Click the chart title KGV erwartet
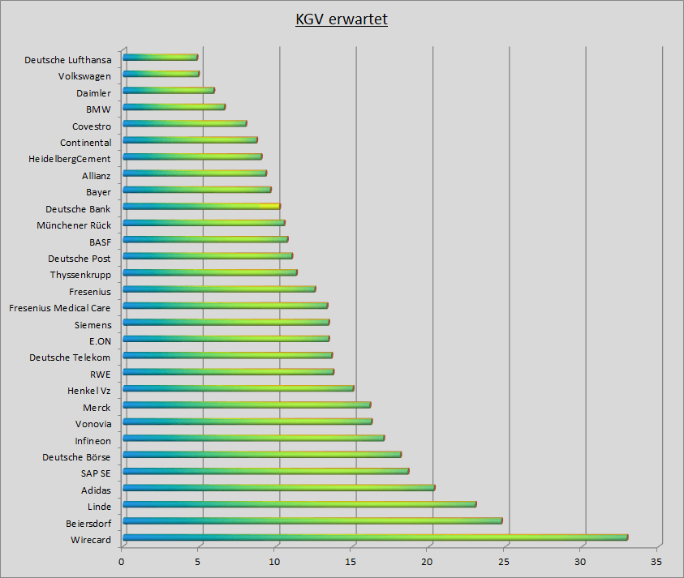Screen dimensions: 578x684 pos(342,19)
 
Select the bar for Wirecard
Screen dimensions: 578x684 pos(375,537)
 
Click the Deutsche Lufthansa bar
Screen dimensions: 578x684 pos(160,57)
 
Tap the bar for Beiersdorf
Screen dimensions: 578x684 pos(312,520)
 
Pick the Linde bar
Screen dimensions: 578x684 pos(299,503)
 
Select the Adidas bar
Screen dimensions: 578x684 pos(278,487)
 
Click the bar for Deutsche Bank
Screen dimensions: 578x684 pos(201,206)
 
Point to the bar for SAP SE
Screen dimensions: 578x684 pos(265,470)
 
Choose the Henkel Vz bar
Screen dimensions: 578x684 pos(238,387)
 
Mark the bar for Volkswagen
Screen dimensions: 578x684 pos(161,74)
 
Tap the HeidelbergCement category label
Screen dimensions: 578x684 pos(70,159)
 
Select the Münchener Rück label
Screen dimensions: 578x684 pos(74,225)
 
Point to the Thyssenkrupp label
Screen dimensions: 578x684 pos(80,275)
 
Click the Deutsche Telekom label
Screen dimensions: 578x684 pos(70,358)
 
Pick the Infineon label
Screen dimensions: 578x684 pos(92,441)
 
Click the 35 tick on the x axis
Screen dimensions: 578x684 pos(657,561)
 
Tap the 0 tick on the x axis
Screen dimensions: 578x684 pos(122,561)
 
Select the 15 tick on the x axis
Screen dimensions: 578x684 pos(351,561)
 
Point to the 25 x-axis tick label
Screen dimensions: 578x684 pos(504,561)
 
